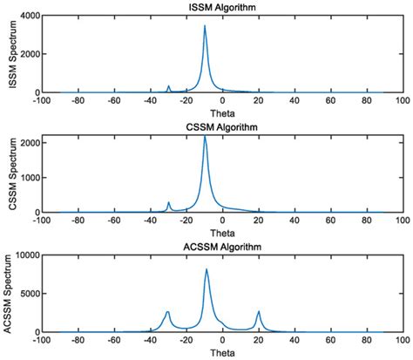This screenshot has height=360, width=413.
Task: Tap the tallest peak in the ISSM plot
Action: point(205,26)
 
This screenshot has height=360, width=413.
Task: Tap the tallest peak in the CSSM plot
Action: point(205,136)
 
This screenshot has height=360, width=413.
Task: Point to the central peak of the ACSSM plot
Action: point(206,269)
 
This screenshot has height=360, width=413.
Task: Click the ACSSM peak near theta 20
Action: point(259,311)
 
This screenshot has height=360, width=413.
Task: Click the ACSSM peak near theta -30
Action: point(167,311)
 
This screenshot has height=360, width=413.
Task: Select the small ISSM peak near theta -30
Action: point(168,86)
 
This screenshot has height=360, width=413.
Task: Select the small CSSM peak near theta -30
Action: point(168,202)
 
